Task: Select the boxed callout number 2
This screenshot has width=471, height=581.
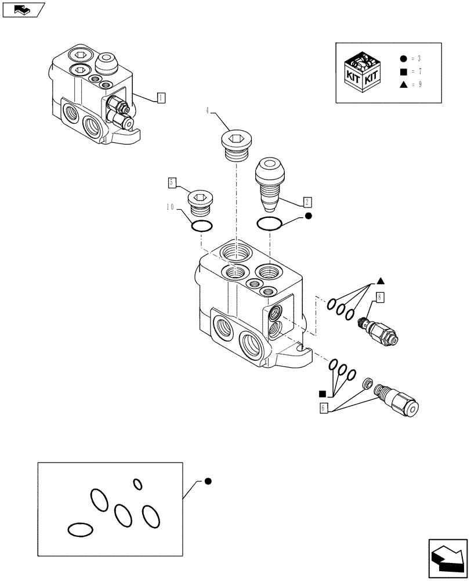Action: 307,202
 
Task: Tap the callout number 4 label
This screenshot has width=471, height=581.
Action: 206,110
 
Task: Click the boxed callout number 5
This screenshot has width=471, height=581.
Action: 172,182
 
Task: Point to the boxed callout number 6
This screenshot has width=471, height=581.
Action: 323,408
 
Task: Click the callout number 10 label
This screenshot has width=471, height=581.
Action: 169,207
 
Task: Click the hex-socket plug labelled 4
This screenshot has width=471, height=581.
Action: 236,146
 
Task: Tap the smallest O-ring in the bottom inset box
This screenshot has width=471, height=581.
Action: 137,484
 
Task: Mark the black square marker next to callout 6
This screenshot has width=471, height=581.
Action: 322,393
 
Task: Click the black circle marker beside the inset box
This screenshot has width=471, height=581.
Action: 208,481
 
